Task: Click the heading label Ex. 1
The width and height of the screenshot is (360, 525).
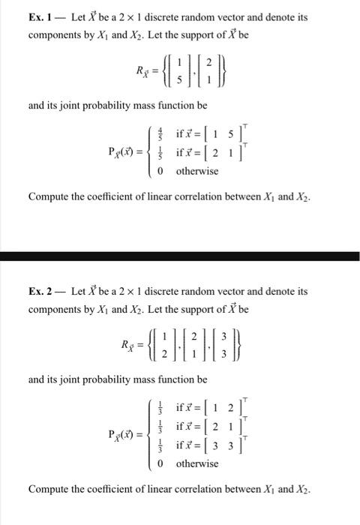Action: (x=40, y=16)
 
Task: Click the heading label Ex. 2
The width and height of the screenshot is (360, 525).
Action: (x=40, y=290)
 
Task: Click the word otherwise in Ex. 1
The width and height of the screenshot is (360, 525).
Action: (x=197, y=171)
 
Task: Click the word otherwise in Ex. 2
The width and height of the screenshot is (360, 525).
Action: (x=197, y=463)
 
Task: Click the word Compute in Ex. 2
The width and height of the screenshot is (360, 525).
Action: (x=50, y=489)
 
